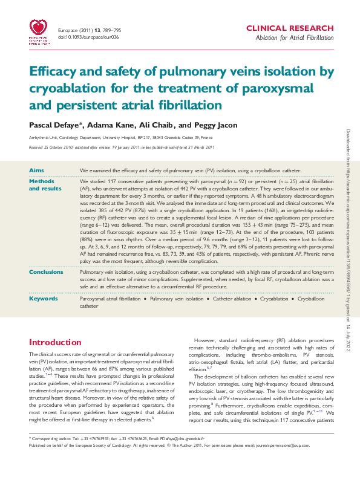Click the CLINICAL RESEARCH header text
(x=290, y=28)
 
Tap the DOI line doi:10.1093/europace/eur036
(x=88, y=37)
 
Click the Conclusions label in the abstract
(x=46, y=272)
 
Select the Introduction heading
(x=56, y=342)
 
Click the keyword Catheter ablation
(x=232, y=299)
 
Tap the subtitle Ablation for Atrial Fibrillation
(x=295, y=38)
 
